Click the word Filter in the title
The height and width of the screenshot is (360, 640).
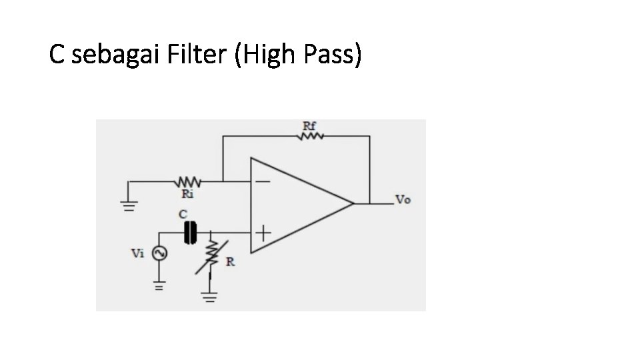[x=201, y=55]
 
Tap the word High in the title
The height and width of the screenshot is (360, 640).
[x=271, y=55]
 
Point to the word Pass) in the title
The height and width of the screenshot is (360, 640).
[x=333, y=55]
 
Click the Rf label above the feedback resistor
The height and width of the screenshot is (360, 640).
[x=310, y=125]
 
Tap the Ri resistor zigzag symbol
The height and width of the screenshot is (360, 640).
[x=188, y=181]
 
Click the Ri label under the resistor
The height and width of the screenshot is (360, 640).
[x=188, y=194]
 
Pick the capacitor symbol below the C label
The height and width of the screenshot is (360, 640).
[x=191, y=232]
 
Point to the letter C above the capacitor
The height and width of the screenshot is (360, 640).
[x=183, y=215]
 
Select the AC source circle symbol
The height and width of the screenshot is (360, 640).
[x=159, y=253]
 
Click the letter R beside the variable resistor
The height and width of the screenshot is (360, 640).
[x=230, y=262]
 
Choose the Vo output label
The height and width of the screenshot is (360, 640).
[x=403, y=199]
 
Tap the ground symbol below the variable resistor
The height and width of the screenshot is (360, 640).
[x=211, y=296]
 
